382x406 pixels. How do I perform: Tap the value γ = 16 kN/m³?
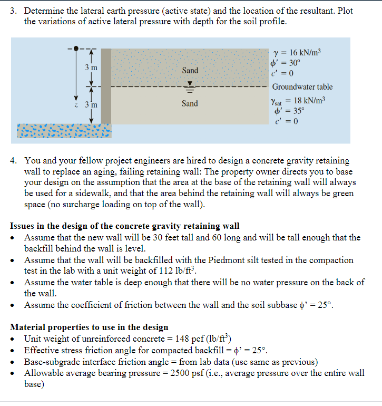tap(298, 52)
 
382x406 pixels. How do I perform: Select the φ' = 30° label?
tap(287, 62)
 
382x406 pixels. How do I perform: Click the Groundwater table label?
tap(302, 87)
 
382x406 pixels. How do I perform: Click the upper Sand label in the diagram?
tap(190, 71)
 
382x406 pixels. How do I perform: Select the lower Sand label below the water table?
tap(190, 103)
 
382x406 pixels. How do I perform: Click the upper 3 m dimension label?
tap(90, 67)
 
